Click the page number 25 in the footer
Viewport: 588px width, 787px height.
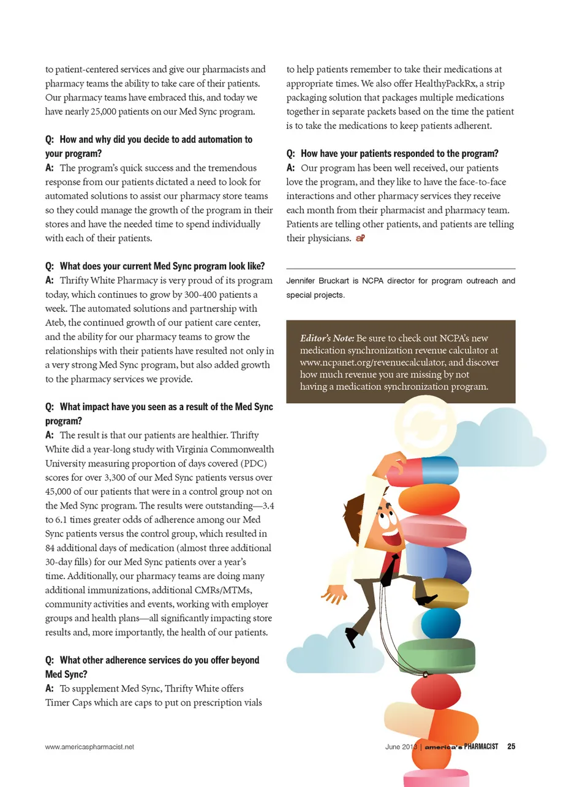point(511,747)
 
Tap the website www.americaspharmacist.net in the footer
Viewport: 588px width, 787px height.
point(89,747)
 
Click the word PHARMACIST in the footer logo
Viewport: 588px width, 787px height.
point(481,747)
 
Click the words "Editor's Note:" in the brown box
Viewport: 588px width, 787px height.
point(327,338)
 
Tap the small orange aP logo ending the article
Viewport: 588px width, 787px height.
point(360,238)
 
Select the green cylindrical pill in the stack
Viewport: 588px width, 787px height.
point(436,655)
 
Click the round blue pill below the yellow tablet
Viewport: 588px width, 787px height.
point(440,623)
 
